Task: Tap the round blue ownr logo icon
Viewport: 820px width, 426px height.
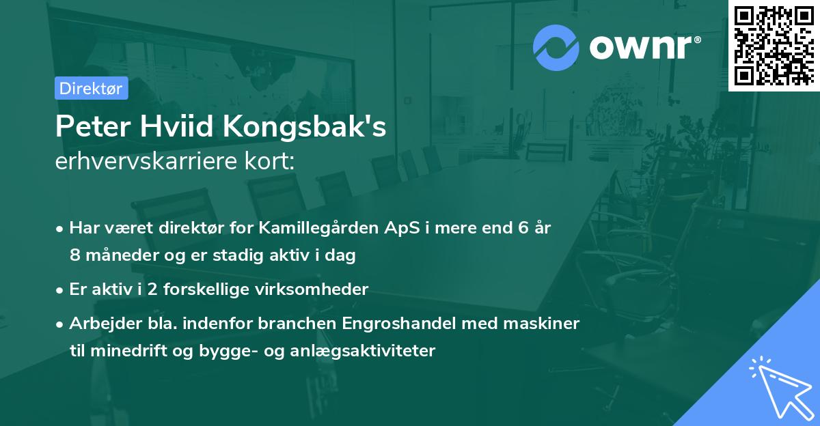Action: coord(556,47)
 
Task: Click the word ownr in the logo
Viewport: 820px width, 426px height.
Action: coord(643,48)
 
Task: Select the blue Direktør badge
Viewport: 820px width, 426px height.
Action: coord(91,88)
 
